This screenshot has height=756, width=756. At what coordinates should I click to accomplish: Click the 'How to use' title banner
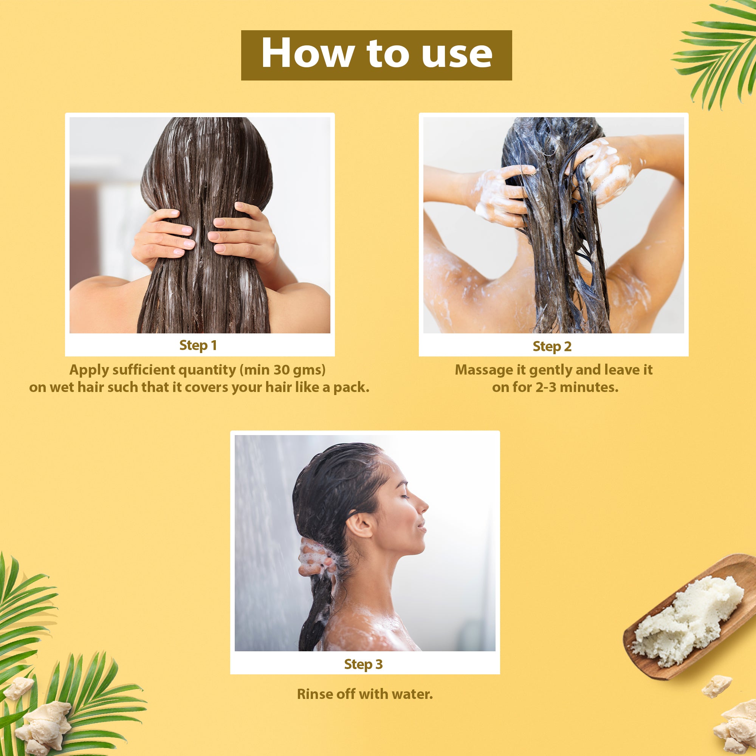(x=376, y=55)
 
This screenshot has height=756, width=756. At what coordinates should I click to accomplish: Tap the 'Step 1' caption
(x=198, y=345)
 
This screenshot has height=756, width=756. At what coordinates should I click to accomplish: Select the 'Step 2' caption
(x=552, y=346)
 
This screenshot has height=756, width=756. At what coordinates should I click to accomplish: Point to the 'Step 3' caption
(x=363, y=664)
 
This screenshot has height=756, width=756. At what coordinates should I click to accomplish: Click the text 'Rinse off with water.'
(x=365, y=694)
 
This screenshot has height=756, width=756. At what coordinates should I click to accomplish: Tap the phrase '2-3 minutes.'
(x=577, y=387)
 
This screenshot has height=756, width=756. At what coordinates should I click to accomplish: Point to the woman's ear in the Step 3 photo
(x=359, y=524)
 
